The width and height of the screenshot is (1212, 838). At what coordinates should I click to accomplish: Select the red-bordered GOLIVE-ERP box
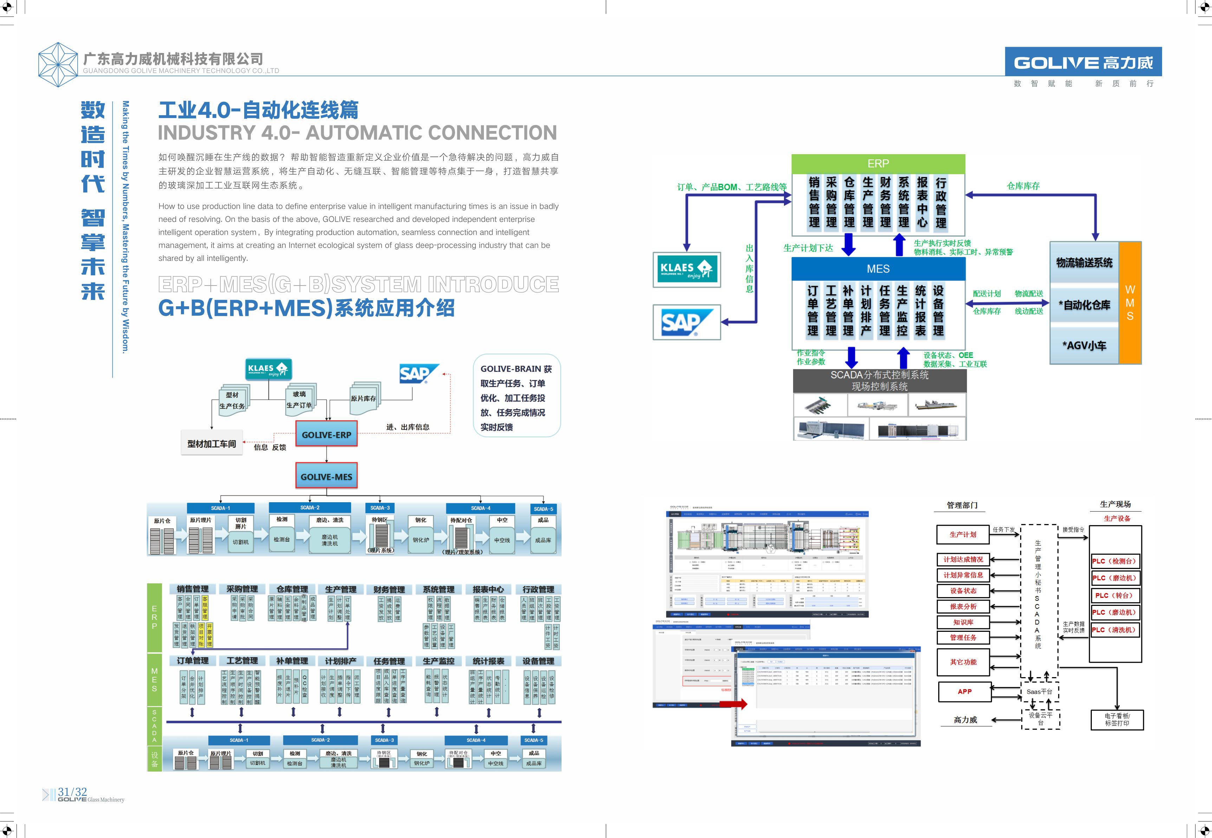point(326,434)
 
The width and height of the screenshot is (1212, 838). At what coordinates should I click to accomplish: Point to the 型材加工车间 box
point(212,444)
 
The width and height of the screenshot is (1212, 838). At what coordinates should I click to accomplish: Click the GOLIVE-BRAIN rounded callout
point(517,397)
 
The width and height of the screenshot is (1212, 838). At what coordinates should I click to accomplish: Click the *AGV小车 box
point(1084,345)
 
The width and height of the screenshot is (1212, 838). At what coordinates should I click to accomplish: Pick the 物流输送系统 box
point(1084,262)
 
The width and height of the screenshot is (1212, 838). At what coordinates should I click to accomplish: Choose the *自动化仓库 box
point(1084,305)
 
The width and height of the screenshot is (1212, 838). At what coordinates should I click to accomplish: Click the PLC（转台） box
point(1114,595)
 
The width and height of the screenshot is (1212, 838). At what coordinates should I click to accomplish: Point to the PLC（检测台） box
point(1114,561)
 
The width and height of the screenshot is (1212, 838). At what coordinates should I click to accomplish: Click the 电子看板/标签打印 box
point(1116,719)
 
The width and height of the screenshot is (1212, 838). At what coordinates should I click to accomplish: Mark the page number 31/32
point(72,792)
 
